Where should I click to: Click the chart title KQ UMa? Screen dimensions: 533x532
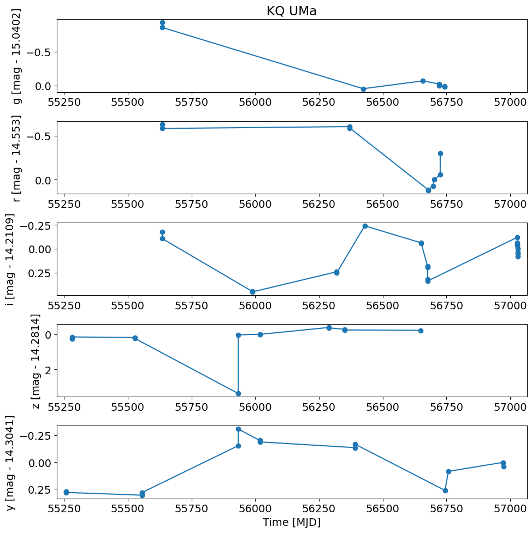click(x=291, y=11)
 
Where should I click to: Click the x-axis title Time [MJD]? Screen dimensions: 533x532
click(x=291, y=522)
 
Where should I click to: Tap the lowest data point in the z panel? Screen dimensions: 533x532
click(x=238, y=393)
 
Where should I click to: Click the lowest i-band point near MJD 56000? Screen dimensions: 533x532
click(x=252, y=292)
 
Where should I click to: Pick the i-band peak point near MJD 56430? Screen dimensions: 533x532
click(x=365, y=226)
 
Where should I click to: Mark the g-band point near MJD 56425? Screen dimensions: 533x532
click(x=363, y=89)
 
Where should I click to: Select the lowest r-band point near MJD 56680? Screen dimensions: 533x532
click(x=428, y=190)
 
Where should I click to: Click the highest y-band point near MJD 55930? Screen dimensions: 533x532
click(x=238, y=429)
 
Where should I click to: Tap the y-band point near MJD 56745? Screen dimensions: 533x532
click(x=445, y=490)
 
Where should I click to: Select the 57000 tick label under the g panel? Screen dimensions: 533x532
click(x=510, y=102)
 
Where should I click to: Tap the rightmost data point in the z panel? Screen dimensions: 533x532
click(x=421, y=331)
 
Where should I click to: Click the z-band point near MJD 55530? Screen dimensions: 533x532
click(x=135, y=338)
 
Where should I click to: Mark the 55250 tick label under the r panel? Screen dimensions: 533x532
click(x=64, y=203)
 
